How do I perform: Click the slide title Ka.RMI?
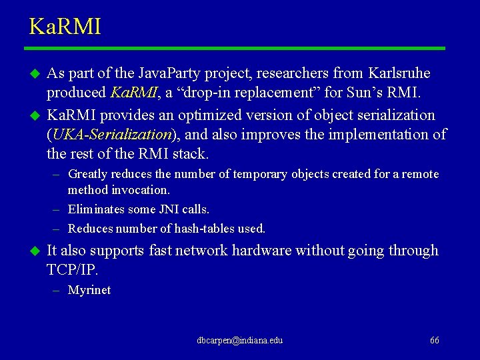tap(65, 27)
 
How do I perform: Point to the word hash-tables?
tap(203, 229)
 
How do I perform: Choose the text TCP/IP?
tap(72, 269)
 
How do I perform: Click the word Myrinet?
tap(89, 290)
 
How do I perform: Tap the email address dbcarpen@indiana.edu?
tap(239, 340)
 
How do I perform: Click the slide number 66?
tap(434, 340)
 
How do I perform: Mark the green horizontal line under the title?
tap(235, 48)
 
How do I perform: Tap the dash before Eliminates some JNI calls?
tap(57, 209)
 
